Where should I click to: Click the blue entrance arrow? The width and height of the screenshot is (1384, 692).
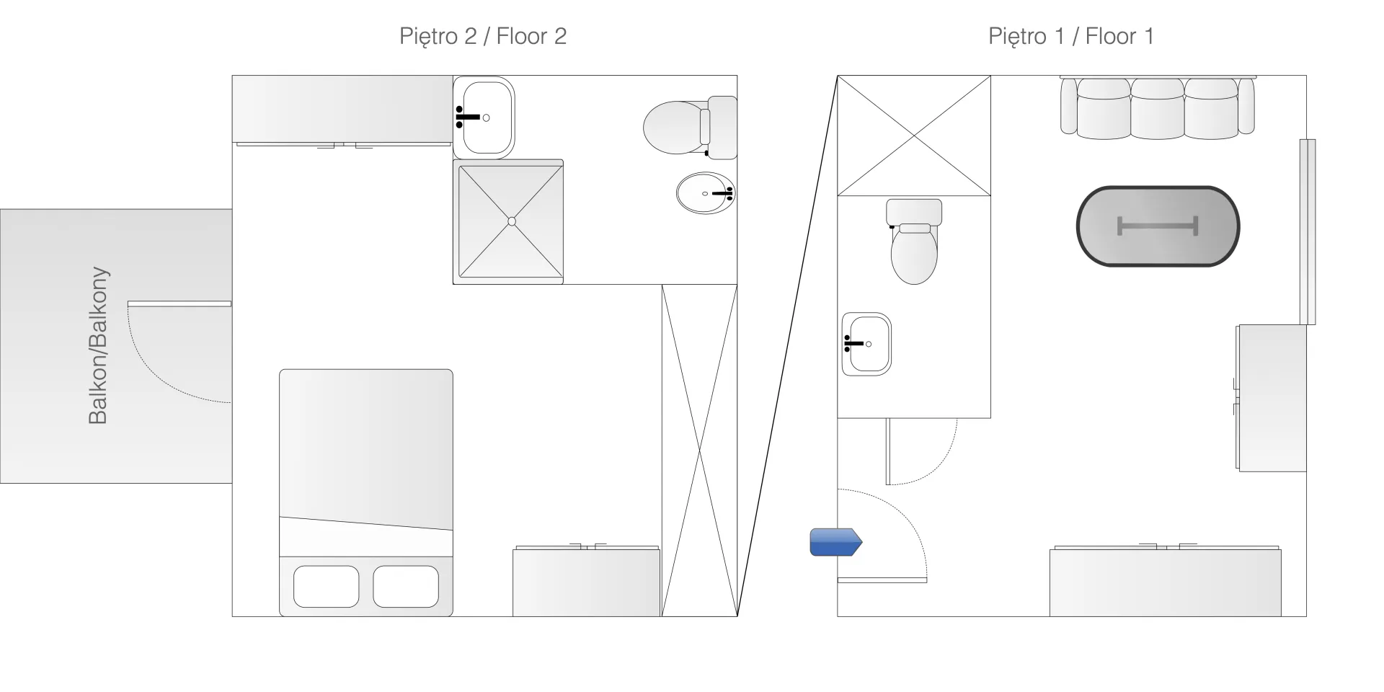coord(836,542)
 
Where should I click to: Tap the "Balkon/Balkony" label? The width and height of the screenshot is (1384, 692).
coord(97,345)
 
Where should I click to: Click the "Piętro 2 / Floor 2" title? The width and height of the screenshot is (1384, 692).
coord(483,36)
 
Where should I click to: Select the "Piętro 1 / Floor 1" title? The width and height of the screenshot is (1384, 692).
coord(1071,36)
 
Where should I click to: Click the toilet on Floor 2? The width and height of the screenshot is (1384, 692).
coord(690,128)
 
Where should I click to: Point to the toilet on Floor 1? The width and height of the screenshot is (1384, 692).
coord(914,241)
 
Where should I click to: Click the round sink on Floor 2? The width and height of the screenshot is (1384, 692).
coord(706,193)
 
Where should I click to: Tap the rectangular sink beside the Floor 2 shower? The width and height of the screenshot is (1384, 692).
coord(484,117)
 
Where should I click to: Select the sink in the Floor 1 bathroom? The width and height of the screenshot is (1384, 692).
coord(866,344)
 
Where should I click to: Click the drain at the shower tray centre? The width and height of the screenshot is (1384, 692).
coord(512,221)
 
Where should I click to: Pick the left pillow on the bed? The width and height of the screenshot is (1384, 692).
coord(327,587)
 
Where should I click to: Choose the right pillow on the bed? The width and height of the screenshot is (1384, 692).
coord(406,587)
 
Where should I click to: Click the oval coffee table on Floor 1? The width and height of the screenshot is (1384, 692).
coord(1158,226)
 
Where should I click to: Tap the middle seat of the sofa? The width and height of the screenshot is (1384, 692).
coord(1158,108)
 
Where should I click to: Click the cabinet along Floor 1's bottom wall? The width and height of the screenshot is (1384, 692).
coord(1165,581)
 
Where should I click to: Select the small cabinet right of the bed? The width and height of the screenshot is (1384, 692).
coord(586,581)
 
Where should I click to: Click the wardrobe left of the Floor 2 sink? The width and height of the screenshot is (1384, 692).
coord(342,110)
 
